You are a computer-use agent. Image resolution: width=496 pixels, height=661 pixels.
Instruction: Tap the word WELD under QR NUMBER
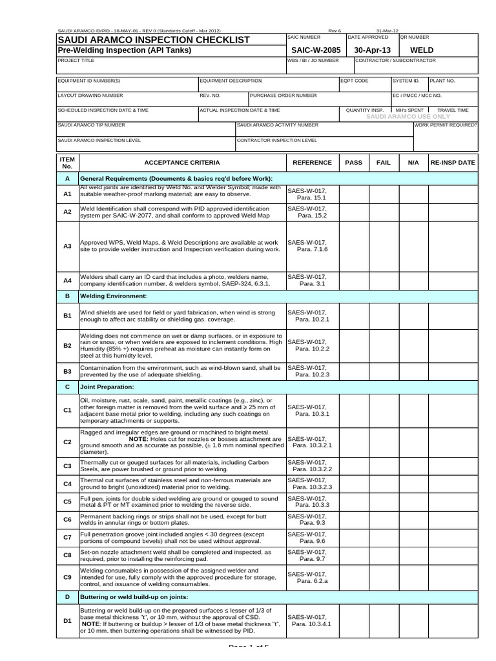422,50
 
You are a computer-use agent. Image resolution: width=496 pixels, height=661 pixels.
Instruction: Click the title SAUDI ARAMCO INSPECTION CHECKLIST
154,40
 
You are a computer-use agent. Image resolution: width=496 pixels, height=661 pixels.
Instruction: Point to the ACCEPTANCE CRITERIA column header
181,163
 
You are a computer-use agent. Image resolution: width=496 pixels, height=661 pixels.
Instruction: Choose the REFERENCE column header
312,163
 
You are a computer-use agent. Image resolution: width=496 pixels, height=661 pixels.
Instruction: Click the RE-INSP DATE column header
453,163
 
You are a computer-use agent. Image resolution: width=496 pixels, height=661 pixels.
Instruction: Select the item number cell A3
67,246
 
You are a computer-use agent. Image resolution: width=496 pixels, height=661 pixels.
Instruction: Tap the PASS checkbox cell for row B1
354,316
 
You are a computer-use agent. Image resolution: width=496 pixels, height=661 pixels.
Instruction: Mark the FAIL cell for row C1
384,410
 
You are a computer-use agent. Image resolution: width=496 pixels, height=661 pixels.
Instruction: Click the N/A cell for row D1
413,620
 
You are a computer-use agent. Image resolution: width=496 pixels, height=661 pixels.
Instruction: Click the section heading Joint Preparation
107,387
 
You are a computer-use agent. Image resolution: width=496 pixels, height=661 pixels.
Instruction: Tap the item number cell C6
67,519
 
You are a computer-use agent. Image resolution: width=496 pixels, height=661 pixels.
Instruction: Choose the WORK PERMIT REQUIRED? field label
446,125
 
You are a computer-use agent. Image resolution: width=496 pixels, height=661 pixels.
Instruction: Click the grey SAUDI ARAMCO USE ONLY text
407,117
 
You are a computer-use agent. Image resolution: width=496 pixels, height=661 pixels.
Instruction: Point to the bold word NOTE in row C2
138,438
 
